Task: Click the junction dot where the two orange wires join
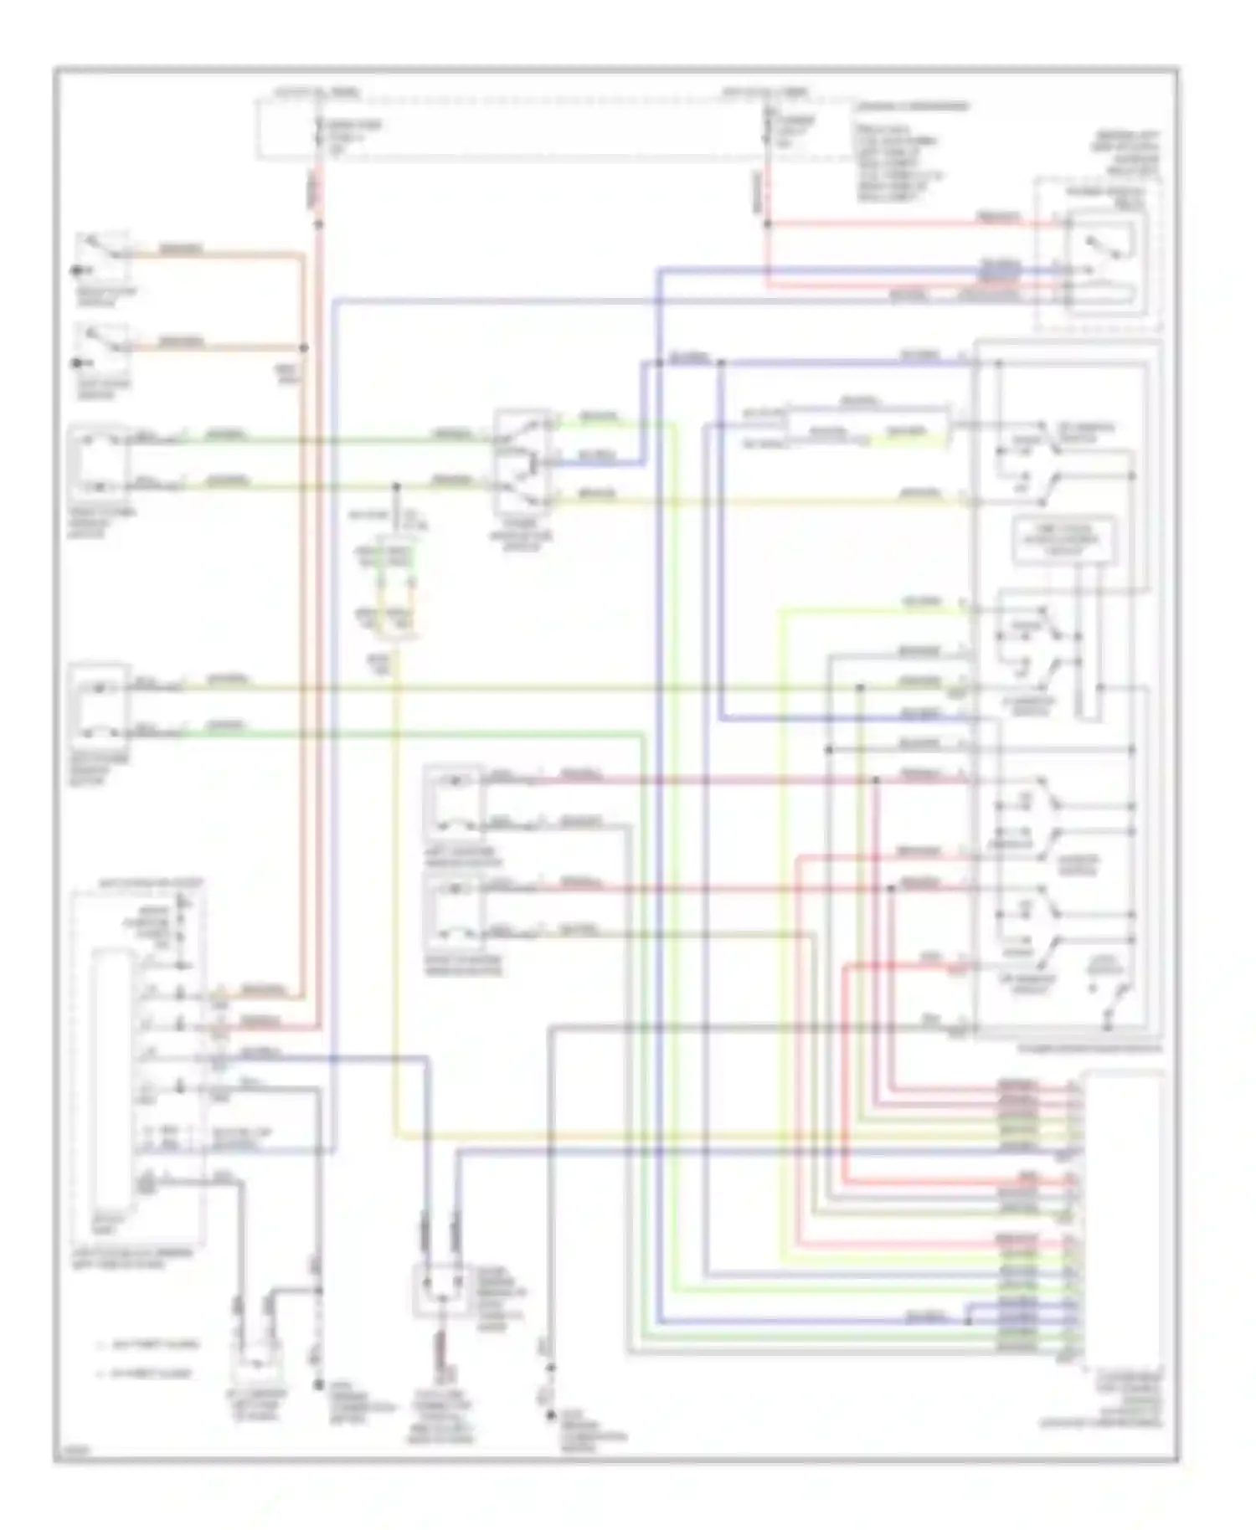(x=303, y=347)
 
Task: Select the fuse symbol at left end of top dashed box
(x=319, y=132)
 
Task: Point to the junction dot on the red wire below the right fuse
(x=766, y=224)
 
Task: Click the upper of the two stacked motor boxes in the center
(x=453, y=802)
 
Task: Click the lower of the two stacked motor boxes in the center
(x=453, y=911)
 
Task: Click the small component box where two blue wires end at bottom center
(x=440, y=1291)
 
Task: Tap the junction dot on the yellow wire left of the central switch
(x=397, y=485)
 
